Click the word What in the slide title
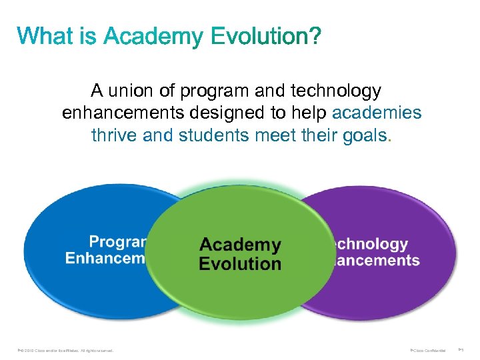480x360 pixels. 43,36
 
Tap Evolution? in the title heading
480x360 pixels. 266,36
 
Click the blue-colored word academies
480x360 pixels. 377,113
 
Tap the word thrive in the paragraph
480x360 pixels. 115,135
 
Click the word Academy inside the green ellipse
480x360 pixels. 240,245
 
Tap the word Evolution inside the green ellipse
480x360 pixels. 240,263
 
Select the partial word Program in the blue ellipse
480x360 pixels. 118,241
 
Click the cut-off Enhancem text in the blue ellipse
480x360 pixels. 105,259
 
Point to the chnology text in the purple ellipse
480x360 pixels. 369,245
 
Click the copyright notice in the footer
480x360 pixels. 67,350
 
